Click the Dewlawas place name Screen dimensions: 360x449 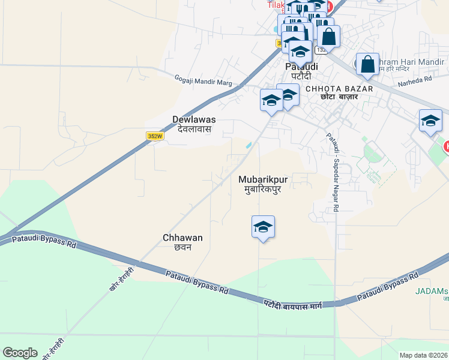[x=194, y=119]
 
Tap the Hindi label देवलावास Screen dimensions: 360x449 [x=194, y=129]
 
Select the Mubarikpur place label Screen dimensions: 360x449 [x=263, y=179]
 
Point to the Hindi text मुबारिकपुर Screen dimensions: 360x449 [x=263, y=189]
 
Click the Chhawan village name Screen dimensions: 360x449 [x=182, y=238]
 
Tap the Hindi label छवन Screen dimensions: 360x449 [x=182, y=247]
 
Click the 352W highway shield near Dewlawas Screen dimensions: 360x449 [x=155, y=136]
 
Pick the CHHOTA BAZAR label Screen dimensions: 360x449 [x=339, y=89]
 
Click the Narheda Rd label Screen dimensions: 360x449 [x=420, y=79]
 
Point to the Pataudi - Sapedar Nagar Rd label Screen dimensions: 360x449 [x=334, y=170]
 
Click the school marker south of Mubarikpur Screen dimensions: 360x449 [x=263, y=227]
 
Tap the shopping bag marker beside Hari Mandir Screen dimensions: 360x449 [x=367, y=64]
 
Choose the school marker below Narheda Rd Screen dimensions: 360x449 [x=430, y=121]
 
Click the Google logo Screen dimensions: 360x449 [x=20, y=353]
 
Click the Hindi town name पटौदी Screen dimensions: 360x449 [x=301, y=76]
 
